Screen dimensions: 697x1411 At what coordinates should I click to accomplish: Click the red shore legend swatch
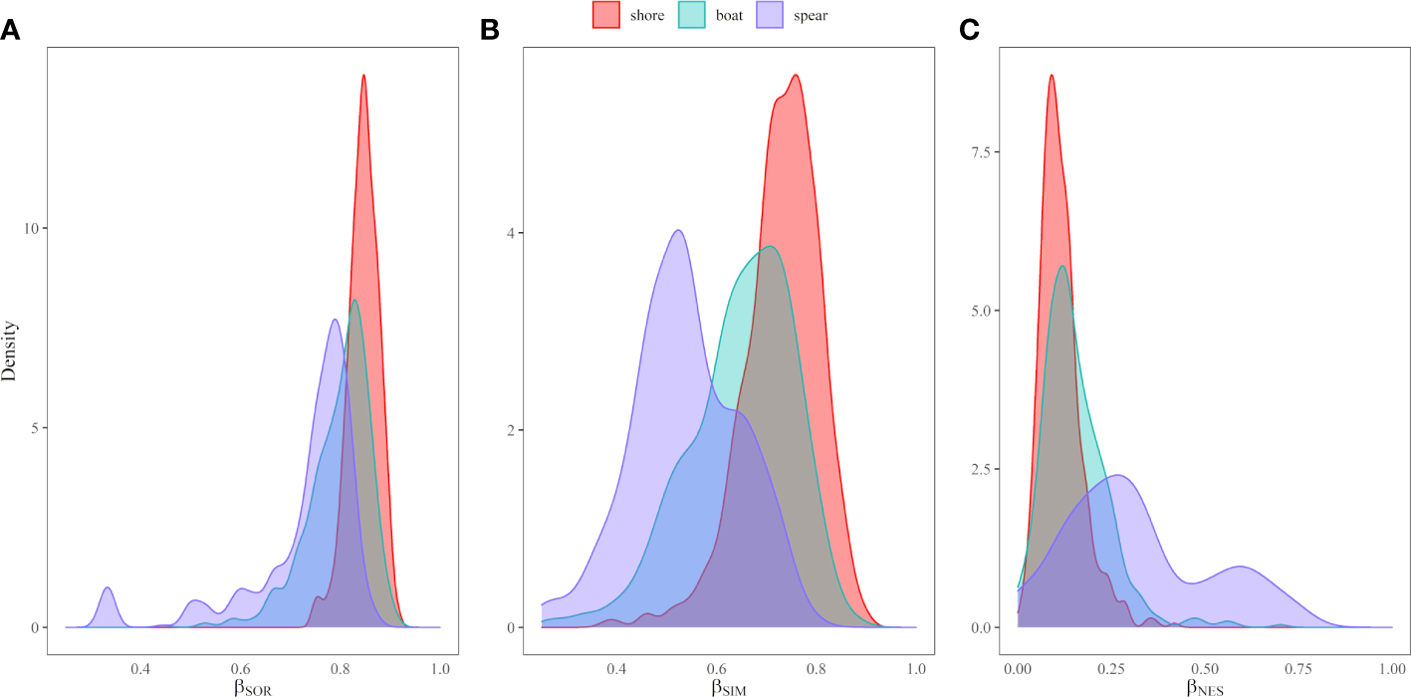[606, 15]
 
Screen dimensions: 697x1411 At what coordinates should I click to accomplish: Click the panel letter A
[11, 31]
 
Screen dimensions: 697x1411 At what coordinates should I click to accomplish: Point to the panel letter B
[489, 31]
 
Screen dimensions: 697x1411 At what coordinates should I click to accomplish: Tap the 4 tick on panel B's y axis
[512, 233]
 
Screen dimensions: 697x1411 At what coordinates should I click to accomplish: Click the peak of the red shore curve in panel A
[363, 76]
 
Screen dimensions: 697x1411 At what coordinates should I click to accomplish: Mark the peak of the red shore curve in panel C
[1051, 76]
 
